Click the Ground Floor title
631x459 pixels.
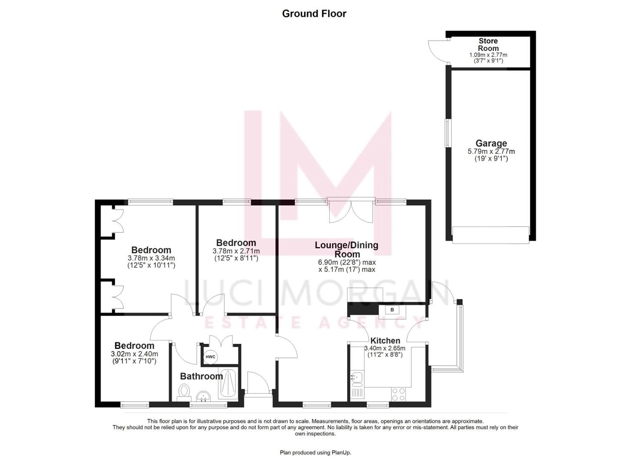pyautogui.click(x=314, y=14)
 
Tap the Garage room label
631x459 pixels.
pyautogui.click(x=491, y=144)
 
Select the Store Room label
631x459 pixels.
pyautogui.click(x=488, y=45)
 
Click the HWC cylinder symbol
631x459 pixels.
pyautogui.click(x=210, y=357)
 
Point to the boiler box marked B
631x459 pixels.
pyautogui.click(x=392, y=310)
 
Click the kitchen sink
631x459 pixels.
pyautogui.click(x=357, y=377)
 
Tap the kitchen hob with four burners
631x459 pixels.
pyautogui.click(x=398, y=394)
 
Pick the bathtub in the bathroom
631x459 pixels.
pyautogui.click(x=228, y=384)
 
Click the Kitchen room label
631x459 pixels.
pyautogui.click(x=385, y=341)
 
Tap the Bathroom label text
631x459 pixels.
pyautogui.click(x=201, y=376)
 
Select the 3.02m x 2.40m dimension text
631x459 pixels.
pyautogui.click(x=134, y=354)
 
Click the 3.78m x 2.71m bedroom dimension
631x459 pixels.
pyautogui.click(x=236, y=251)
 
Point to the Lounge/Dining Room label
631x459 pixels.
pyautogui.click(x=347, y=249)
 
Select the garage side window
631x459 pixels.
pyautogui.click(x=447, y=133)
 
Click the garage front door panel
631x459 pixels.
pyautogui.click(x=490, y=235)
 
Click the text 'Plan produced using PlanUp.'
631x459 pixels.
pyautogui.click(x=315, y=453)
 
